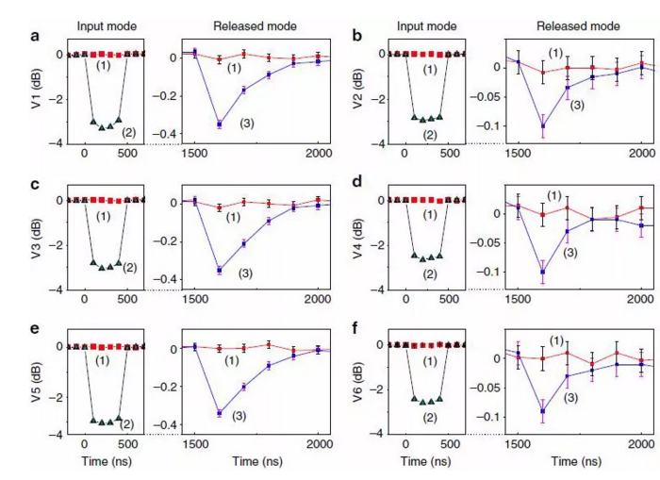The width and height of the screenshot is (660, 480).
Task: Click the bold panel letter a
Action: tap(35, 37)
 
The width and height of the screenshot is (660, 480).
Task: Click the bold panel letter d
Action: tap(354, 182)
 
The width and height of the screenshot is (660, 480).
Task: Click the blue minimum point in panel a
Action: tap(220, 124)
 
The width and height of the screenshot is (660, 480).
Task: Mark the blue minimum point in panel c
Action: tap(220, 270)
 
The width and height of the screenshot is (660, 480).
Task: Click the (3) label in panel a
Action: tap(247, 124)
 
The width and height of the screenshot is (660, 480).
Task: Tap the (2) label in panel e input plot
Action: tap(128, 423)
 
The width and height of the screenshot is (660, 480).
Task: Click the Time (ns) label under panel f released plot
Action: tap(577, 462)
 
